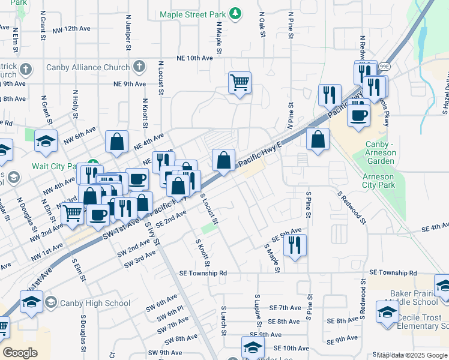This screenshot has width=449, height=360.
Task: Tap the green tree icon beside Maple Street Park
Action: point(237,13)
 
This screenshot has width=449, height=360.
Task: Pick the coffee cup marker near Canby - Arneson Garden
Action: point(360,115)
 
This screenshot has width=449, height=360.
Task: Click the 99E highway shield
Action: point(367,66)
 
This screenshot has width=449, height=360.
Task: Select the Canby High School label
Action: point(91,303)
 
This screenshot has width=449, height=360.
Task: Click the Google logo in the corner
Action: point(20,353)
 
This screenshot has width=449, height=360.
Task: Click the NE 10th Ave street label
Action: point(194,58)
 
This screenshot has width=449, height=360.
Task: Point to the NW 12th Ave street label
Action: point(71,29)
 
